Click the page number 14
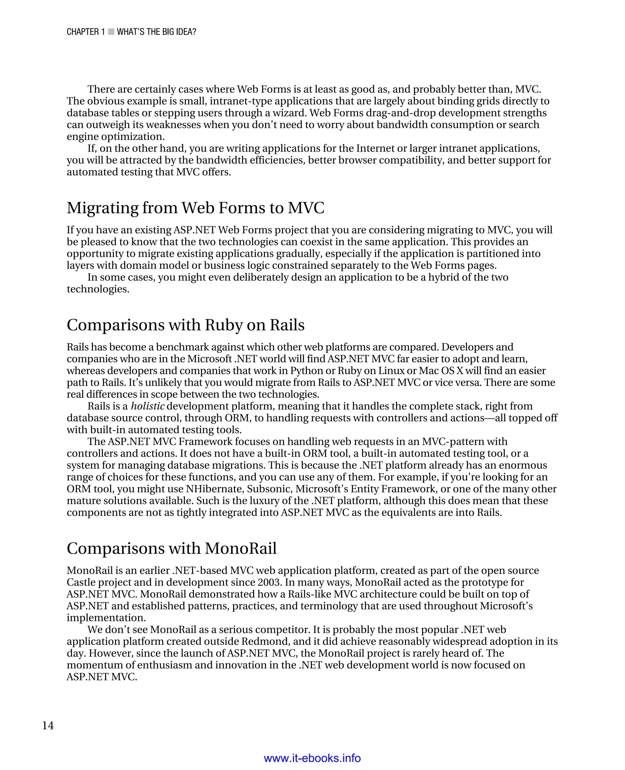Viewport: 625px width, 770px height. pos(48,725)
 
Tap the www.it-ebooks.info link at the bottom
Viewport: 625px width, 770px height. pos(312,758)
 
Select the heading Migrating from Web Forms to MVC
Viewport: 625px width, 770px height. pos(196,208)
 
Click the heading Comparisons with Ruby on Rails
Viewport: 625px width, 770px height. pos(186,325)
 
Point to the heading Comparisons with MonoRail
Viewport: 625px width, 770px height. pos(172,548)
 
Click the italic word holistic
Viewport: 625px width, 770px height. pos(148,406)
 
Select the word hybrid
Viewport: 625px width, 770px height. pos(443,277)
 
